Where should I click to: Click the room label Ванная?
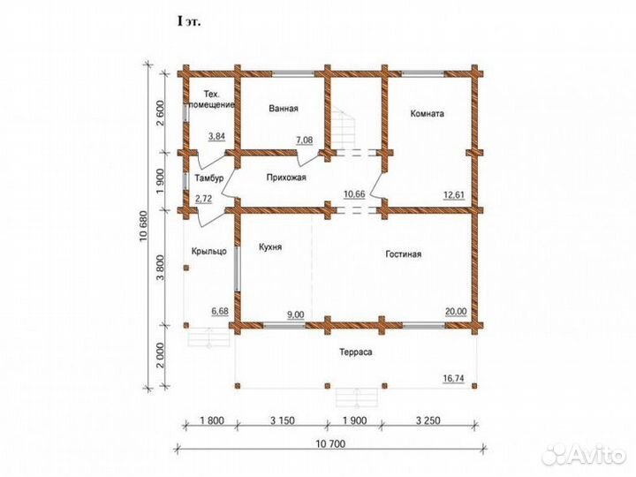pyautogui.click(x=284, y=109)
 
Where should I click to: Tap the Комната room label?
pyautogui.click(x=428, y=113)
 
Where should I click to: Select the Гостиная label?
pyautogui.click(x=403, y=254)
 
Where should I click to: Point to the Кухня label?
pyautogui.click(x=270, y=247)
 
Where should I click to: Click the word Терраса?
pyautogui.click(x=356, y=352)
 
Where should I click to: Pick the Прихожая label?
pyautogui.click(x=286, y=178)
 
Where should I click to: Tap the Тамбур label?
pyautogui.click(x=209, y=178)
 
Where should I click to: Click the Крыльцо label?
pyautogui.click(x=208, y=252)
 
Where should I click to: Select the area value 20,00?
pyautogui.click(x=456, y=312)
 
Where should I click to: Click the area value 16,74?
pyautogui.click(x=453, y=378)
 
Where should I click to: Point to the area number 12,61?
pyautogui.click(x=453, y=195)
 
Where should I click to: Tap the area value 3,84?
pyautogui.click(x=216, y=136)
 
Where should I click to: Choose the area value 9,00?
pyautogui.click(x=295, y=314)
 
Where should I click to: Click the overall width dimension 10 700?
pyautogui.click(x=330, y=443)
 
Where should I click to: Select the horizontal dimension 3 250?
pyautogui.click(x=428, y=420)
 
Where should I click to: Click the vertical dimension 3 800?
pyautogui.click(x=161, y=268)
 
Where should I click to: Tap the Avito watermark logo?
pyautogui.click(x=583, y=455)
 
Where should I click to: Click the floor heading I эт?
pyautogui.click(x=189, y=21)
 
